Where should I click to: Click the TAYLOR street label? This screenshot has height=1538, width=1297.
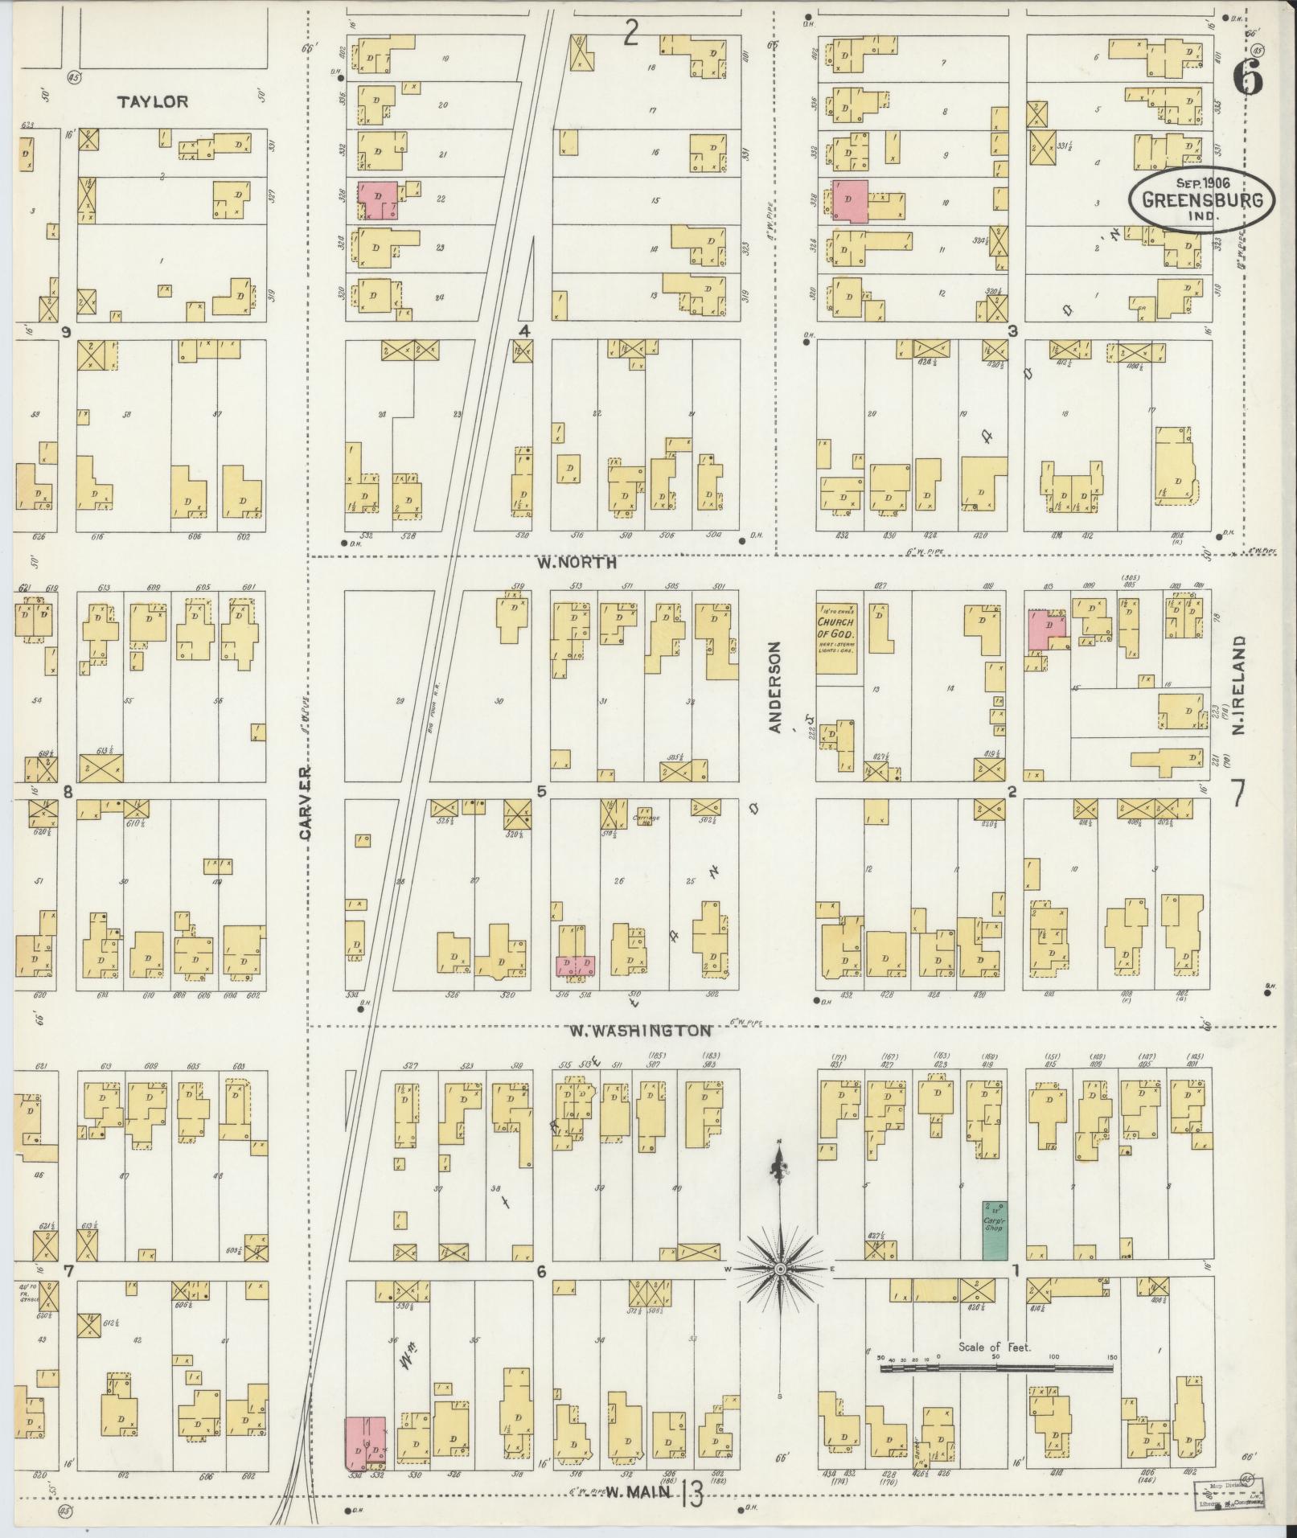(153, 102)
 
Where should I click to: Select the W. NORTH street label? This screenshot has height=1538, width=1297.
(577, 563)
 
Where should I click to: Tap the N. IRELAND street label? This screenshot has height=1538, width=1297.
(1238, 684)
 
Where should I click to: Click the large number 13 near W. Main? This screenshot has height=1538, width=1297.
(691, 1496)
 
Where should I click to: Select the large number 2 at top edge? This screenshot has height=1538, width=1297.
(631, 34)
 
